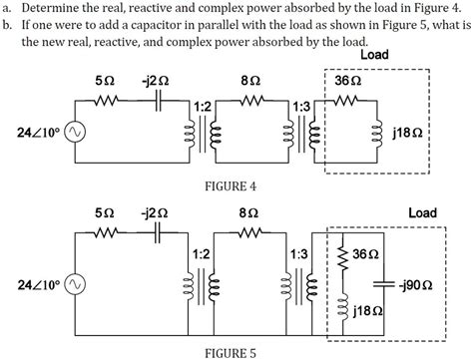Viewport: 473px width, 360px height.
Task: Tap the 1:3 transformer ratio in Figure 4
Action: pos(300,104)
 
